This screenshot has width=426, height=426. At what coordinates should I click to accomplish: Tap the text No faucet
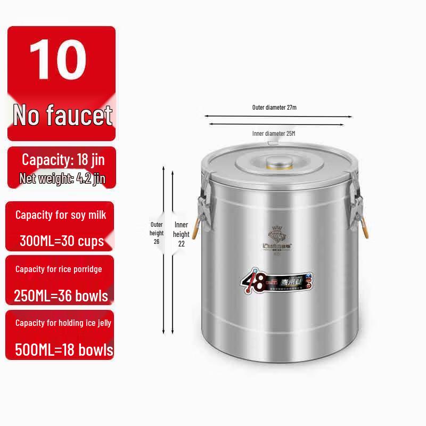click(x=62, y=115)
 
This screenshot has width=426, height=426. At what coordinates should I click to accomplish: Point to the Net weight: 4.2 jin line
click(x=62, y=178)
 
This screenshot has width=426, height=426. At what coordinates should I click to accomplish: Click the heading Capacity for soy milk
click(x=61, y=215)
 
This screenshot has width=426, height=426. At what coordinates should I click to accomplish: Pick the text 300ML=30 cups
click(x=61, y=241)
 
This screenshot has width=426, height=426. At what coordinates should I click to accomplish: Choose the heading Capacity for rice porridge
click(x=59, y=269)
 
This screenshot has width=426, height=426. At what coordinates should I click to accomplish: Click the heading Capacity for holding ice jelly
click(x=63, y=323)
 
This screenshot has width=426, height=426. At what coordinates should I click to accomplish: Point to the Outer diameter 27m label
click(x=274, y=107)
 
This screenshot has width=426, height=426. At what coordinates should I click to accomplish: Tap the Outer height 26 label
click(x=156, y=233)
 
